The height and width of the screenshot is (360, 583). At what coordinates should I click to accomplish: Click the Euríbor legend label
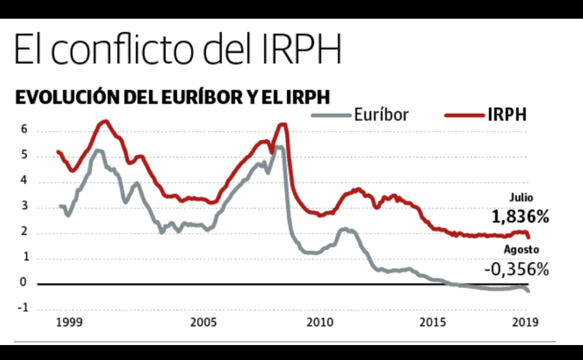click(381, 115)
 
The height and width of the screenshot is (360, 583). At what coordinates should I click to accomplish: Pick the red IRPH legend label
click(507, 115)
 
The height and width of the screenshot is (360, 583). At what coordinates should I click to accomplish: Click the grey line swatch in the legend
click(331, 115)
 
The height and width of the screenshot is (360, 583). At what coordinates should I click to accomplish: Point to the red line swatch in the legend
click(463, 115)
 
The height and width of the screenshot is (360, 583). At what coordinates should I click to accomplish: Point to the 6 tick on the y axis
click(24, 130)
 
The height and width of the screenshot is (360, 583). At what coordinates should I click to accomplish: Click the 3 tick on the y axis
click(24, 207)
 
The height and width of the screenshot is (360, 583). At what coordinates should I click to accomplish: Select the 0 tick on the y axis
click(24, 283)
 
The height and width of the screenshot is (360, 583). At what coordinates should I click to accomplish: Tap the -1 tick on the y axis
click(23, 309)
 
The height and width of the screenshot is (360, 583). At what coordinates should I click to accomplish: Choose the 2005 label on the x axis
click(203, 323)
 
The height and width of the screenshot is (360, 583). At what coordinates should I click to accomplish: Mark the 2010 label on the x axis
click(320, 323)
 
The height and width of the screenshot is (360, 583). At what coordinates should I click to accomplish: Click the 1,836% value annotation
click(519, 217)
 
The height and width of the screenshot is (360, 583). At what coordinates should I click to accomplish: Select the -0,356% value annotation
click(516, 270)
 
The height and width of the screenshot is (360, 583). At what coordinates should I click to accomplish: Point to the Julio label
click(521, 198)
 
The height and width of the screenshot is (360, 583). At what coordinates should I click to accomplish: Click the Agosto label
click(521, 250)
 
